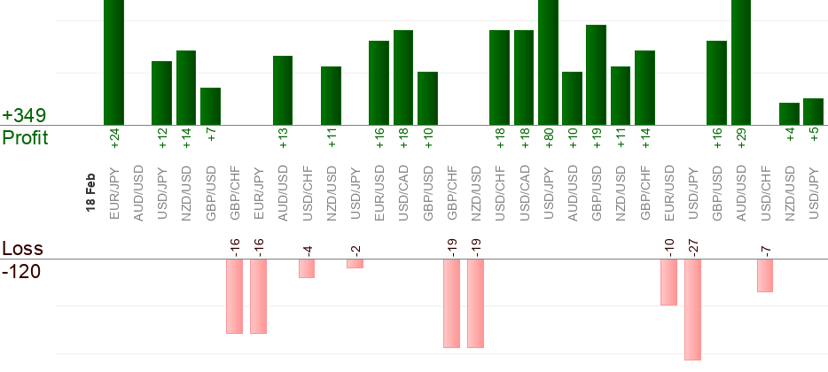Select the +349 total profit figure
coord(25,116)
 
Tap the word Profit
coord(25,138)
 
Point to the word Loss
coord(23,249)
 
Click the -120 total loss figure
coord(21,271)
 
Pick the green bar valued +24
coord(113,62)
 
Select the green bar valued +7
coord(210,106)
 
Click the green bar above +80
coord(548,62)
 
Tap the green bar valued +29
coord(741,62)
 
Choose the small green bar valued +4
coord(789,114)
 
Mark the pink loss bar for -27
coord(692,309)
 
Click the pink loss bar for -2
coord(355,264)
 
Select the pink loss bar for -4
coord(307,268)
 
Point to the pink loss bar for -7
coord(765,275)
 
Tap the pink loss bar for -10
coord(668,283)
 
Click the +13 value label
coord(283,138)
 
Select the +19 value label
coord(597,138)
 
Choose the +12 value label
coord(162,138)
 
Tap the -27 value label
coord(693,245)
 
